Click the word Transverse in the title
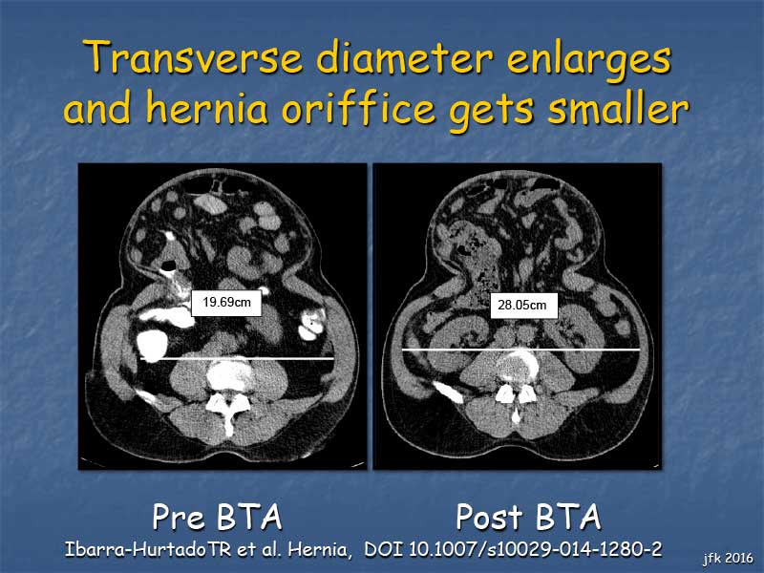[x=196, y=57]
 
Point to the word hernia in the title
[x=206, y=107]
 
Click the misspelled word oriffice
[x=358, y=107]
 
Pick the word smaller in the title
[x=618, y=107]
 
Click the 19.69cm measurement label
[x=226, y=303]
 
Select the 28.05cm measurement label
[x=523, y=306]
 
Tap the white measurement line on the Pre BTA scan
[x=237, y=359]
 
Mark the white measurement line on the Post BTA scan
[x=520, y=350]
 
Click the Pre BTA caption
[x=218, y=517]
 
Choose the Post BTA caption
[x=528, y=517]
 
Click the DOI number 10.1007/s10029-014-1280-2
[x=535, y=550]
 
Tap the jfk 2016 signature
[x=728, y=558]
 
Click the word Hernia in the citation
[x=319, y=550]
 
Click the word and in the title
[x=97, y=107]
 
